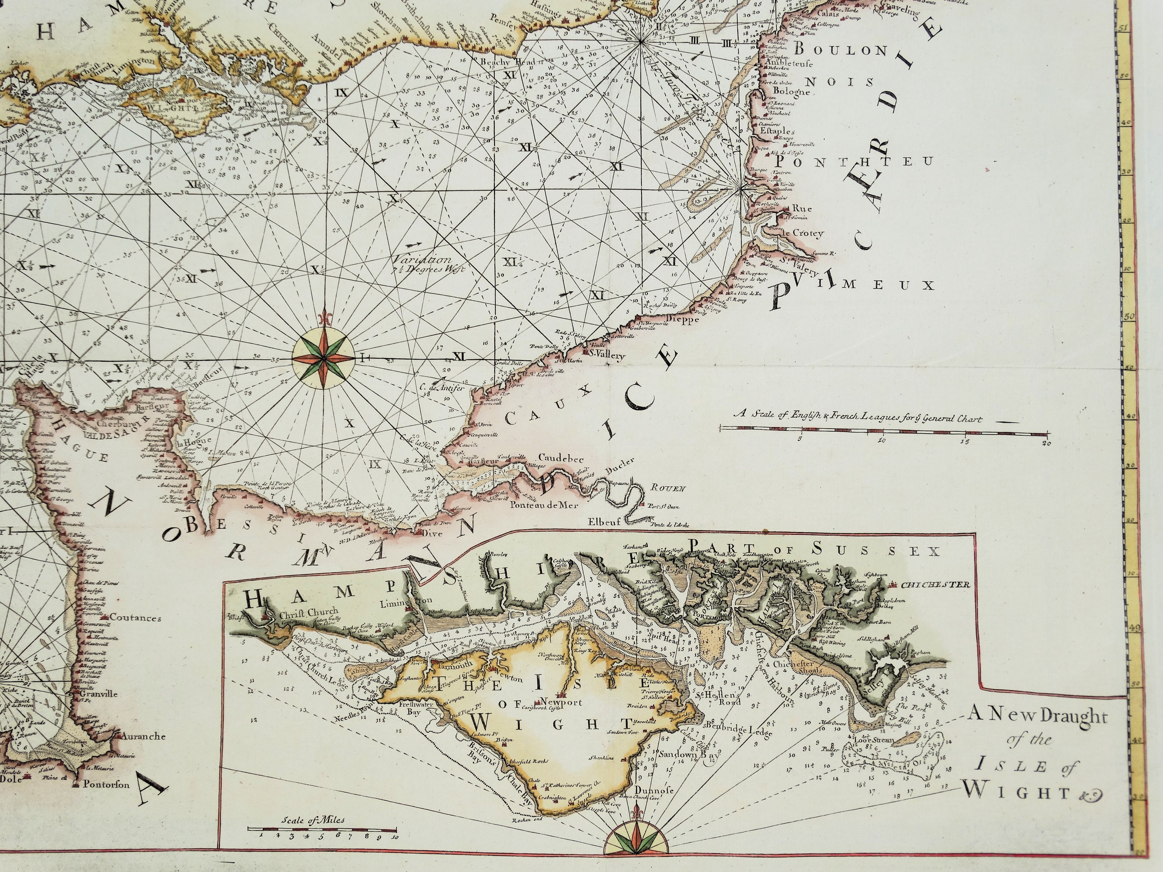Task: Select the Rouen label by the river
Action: (x=668, y=489)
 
